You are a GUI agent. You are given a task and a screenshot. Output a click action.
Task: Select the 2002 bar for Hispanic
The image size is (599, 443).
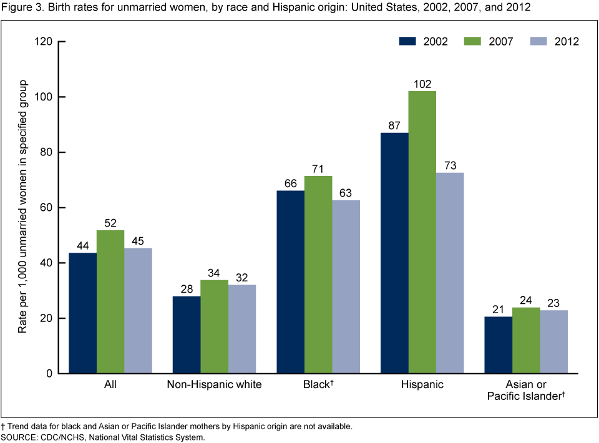(x=394, y=253)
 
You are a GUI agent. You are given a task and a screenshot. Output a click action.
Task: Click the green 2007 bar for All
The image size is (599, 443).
(x=110, y=301)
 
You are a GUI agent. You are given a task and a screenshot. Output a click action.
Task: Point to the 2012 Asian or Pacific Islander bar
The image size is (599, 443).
(x=554, y=341)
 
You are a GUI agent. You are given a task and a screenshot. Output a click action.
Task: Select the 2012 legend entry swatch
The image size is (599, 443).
(x=542, y=42)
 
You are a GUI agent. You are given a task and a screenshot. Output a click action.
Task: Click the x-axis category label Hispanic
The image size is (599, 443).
(x=422, y=385)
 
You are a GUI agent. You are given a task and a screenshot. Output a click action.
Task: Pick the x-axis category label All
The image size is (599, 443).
(x=110, y=385)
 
